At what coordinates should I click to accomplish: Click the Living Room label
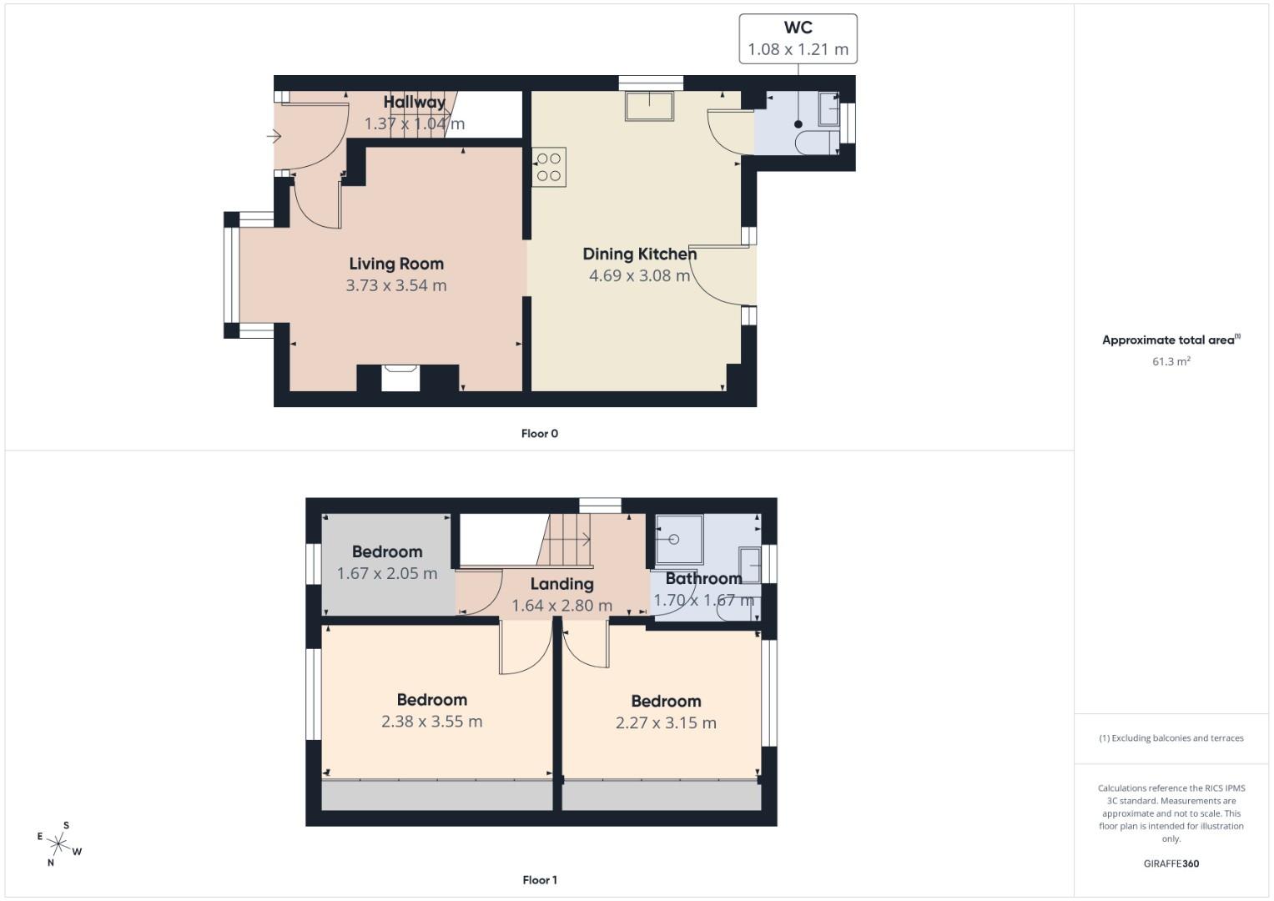pyautogui.click(x=396, y=264)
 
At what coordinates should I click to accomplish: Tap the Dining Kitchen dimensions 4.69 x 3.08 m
pyautogui.click(x=639, y=275)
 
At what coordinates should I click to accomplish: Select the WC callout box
pyautogui.click(x=798, y=38)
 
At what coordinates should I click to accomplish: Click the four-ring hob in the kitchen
pyautogui.click(x=549, y=166)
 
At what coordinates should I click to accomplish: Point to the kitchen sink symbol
pyautogui.click(x=649, y=106)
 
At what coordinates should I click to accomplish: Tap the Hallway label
pyautogui.click(x=415, y=102)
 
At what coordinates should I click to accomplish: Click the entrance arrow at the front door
pyautogui.click(x=274, y=136)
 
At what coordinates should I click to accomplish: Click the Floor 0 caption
pyautogui.click(x=539, y=433)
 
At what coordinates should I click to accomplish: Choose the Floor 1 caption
pyautogui.click(x=539, y=879)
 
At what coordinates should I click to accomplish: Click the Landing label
pyautogui.click(x=561, y=584)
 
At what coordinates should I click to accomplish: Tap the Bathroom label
pyautogui.click(x=703, y=578)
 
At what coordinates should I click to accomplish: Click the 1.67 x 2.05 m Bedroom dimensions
pyautogui.click(x=387, y=573)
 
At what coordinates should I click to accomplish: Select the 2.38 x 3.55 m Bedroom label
pyautogui.click(x=431, y=700)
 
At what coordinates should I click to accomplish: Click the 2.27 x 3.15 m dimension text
pyautogui.click(x=666, y=722)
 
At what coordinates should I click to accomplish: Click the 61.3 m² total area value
pyautogui.click(x=1171, y=361)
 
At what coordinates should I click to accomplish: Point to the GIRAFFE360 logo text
pyautogui.click(x=1171, y=863)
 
